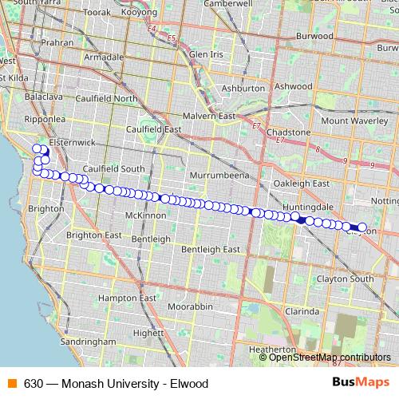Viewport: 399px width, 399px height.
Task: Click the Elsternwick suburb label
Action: coord(73,141)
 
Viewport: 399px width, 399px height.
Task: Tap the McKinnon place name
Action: coord(144,215)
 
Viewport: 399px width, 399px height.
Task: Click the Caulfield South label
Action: coord(113,168)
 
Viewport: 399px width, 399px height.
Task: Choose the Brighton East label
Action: coord(93,235)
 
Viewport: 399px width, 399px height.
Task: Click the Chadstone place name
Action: coord(289,132)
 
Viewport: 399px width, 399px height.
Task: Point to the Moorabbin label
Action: coord(191,306)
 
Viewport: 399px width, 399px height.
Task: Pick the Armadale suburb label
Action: coord(104,57)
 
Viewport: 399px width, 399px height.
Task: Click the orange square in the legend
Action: coord(12,383)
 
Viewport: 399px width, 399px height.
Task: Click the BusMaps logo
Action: coord(360,383)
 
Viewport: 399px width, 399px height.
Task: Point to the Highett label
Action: coord(149,334)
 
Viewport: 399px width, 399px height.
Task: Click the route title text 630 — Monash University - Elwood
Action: coord(116,383)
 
